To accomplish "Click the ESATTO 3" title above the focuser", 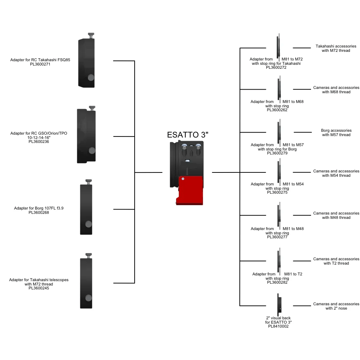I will tap(188, 135).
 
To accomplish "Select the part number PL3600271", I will tap(40, 64).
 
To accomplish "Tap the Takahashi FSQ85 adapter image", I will tap(86, 63).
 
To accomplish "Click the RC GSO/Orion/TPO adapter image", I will tap(86, 136).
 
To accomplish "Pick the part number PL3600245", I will tap(39, 288).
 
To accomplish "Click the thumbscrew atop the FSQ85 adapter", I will tap(91, 35).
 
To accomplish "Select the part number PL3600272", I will tap(276, 68).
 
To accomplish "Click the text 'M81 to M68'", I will tap(293, 102).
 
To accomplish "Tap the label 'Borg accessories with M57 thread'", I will tap(336, 133).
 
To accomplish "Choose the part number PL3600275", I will tap(277, 193).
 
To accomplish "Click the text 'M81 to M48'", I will tap(293, 229).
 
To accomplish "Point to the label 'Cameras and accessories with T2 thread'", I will tap(336, 261).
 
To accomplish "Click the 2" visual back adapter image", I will tap(279, 303).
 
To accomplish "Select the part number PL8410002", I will tap(278, 327).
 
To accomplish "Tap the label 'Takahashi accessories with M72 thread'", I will tap(336, 48).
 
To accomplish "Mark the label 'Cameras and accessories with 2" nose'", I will tap(336, 306).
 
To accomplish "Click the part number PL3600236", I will tap(39, 142).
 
